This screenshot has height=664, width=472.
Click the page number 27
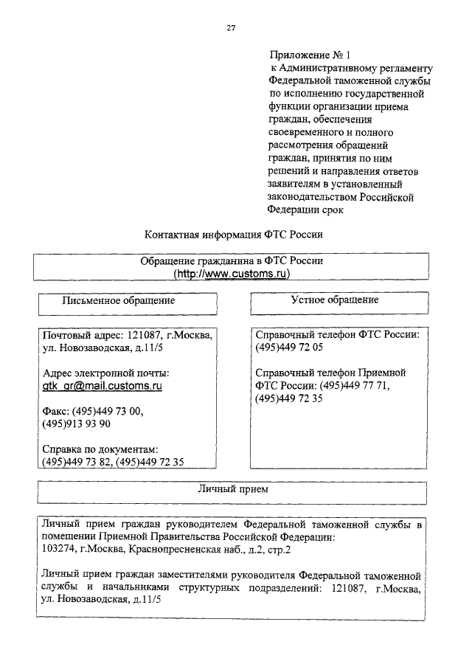(x=231, y=28)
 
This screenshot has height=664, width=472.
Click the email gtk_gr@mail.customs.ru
(x=103, y=386)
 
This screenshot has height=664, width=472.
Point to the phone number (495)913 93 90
(x=77, y=424)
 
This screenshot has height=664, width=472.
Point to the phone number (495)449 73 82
(x=77, y=463)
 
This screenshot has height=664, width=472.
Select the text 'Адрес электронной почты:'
(x=106, y=373)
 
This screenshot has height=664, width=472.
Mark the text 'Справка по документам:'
(x=101, y=450)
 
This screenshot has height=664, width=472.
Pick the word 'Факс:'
(x=57, y=412)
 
